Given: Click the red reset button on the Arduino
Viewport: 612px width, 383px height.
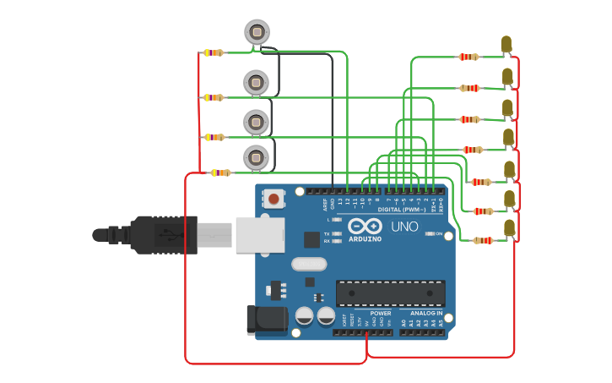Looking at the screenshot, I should pos(274,199).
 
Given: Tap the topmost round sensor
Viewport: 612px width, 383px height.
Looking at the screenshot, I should pos(257,33).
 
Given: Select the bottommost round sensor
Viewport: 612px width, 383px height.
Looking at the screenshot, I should pos(257,157).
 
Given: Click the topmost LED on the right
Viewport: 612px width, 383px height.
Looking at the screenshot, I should pos(506,44).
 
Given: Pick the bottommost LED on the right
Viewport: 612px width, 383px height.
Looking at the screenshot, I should pos(509,228).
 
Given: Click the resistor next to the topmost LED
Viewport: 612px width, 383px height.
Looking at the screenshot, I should pos(468,57).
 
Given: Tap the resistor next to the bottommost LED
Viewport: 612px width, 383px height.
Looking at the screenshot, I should pos(483,240).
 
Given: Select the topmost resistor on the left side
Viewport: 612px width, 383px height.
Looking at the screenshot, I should pos(214,52).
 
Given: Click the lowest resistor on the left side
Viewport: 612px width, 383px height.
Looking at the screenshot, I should pos(220,172).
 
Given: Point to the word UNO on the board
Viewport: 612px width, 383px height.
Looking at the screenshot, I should pos(404,227).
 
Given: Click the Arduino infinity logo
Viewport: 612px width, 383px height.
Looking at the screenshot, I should pos(365,227).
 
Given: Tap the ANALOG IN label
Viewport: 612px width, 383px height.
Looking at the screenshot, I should pos(421,313).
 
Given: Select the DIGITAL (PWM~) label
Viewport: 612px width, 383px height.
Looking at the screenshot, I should pos(401,209).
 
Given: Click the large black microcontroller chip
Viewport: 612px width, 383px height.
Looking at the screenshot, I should pos(391,293).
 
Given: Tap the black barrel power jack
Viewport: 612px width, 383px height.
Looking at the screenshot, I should pos(263,320).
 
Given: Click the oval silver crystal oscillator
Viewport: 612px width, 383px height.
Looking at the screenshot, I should pos(309,264).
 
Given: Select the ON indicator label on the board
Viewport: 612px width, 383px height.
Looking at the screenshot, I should pos(438,233).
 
